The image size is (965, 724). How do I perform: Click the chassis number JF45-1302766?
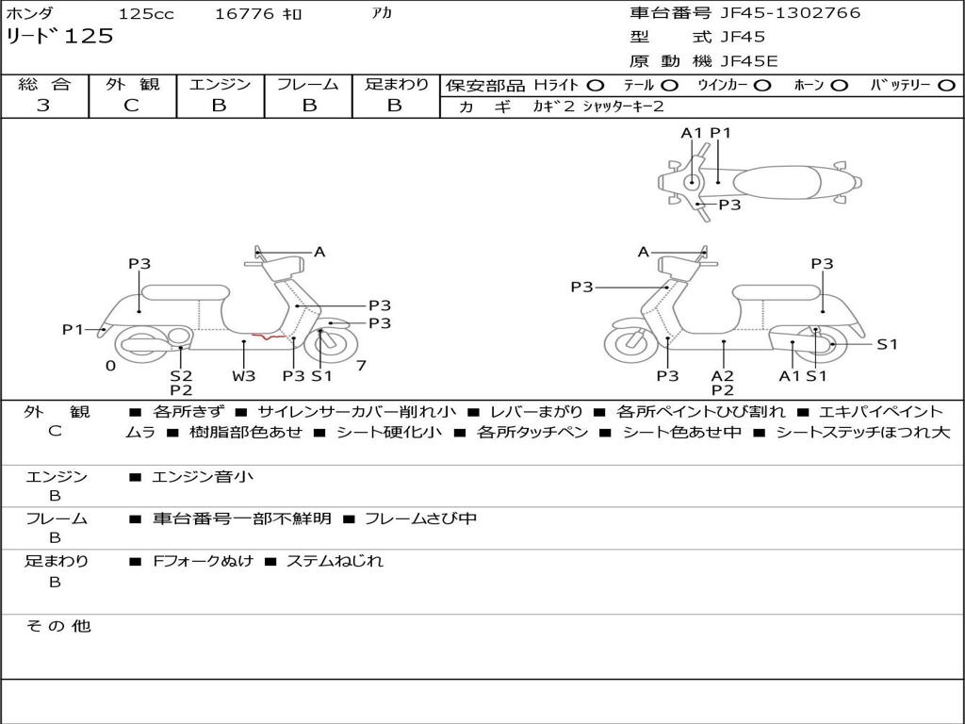[x=790, y=13]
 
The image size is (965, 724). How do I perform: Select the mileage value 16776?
[x=245, y=14]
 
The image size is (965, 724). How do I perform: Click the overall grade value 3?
[x=43, y=106]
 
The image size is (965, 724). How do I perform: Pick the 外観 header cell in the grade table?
[x=132, y=84]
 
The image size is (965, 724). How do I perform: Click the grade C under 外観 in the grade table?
[x=131, y=106]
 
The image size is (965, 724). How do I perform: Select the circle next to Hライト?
[x=596, y=85]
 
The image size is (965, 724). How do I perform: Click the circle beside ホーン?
[x=839, y=85]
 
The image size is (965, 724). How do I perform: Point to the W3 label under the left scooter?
[x=244, y=376]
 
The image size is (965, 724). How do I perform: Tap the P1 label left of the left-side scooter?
[x=74, y=329]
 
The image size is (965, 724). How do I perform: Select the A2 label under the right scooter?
[x=723, y=375]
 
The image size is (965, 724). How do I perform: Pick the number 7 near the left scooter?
[x=361, y=366]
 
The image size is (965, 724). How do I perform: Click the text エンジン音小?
[x=204, y=477]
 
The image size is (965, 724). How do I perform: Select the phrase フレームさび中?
[x=420, y=518]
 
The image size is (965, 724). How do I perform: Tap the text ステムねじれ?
[x=335, y=561]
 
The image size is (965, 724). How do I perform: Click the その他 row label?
[x=58, y=626]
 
